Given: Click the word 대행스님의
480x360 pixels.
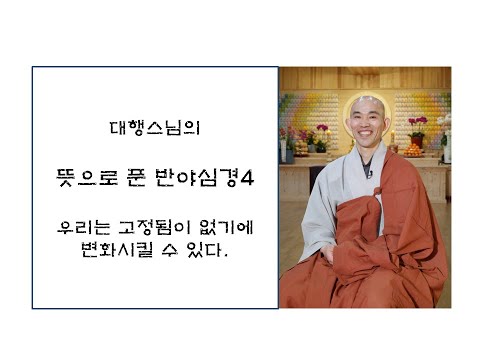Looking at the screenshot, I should [154, 129].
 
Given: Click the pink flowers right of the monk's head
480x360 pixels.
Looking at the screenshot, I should [417, 124].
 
